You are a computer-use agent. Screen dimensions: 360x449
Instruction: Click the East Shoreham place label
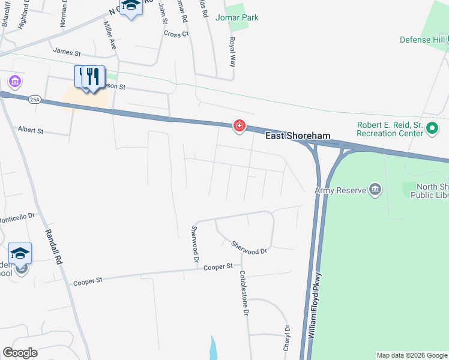298,136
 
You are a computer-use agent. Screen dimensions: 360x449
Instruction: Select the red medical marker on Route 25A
239,125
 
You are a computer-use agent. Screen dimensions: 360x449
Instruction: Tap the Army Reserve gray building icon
375,190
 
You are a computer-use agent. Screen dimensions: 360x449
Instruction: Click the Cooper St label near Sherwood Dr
218,266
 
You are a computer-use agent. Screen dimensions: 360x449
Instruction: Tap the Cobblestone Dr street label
244,293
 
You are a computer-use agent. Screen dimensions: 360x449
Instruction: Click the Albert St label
31,130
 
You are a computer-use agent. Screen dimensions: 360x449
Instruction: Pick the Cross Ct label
176,34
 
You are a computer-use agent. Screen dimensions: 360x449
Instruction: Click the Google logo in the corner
20,353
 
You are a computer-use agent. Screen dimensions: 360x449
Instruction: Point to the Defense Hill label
423,40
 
